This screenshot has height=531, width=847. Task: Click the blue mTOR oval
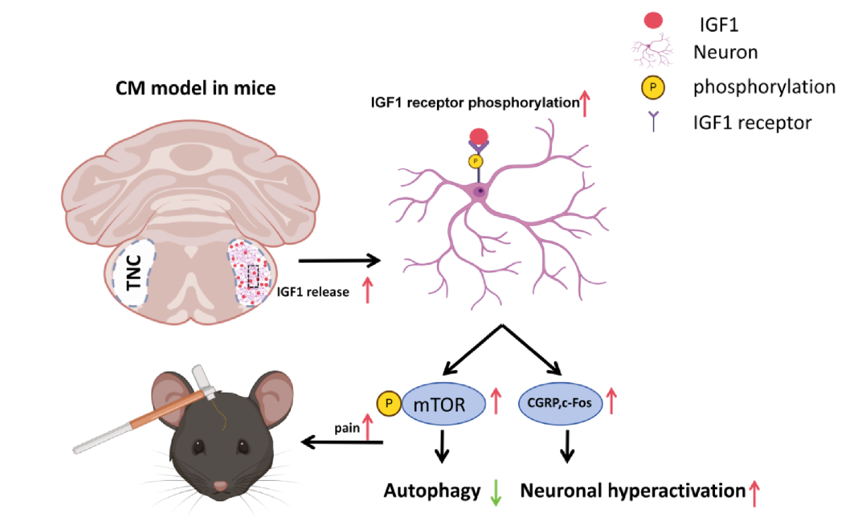443,404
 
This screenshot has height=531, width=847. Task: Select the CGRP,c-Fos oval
560,403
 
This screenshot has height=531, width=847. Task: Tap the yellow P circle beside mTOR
389,403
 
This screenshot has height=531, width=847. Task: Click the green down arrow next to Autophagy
495,493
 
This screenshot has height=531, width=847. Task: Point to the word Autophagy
432,491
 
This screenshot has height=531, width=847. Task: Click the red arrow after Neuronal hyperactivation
755,493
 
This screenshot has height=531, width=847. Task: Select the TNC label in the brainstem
134,273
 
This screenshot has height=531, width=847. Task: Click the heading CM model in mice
196,88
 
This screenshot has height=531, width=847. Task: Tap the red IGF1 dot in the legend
653,20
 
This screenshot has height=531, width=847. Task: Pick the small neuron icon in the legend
652,51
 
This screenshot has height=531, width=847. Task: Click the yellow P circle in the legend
653,88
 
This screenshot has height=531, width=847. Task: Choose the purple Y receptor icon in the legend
653,121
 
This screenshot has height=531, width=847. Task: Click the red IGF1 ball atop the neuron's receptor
479,136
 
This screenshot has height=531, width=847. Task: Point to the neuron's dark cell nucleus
480,191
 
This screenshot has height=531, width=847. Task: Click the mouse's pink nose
220,486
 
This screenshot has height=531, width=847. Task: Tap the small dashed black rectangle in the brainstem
253,277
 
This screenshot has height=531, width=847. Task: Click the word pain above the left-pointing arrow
347,428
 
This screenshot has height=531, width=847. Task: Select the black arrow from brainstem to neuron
340,261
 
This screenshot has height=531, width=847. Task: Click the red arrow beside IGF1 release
367,290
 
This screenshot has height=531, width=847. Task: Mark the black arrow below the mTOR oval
442,447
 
